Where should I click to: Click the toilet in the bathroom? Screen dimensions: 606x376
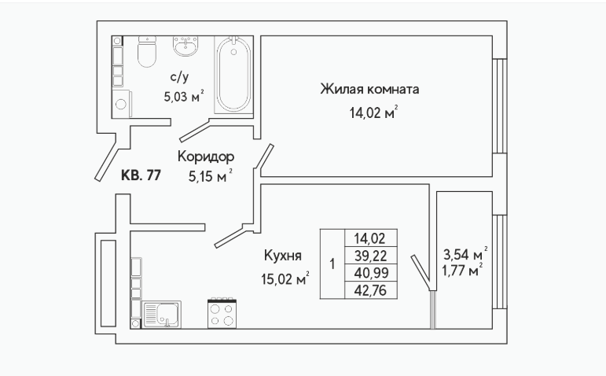[x=147, y=51]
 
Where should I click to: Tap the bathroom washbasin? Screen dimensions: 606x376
[x=185, y=46]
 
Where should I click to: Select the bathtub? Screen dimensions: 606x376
[x=233, y=75]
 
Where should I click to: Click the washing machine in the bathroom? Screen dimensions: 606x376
[x=122, y=104]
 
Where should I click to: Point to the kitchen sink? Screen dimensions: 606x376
[x=162, y=315]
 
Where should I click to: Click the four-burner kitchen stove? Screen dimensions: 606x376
[x=222, y=313]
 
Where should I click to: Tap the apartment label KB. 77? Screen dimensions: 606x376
[x=141, y=175]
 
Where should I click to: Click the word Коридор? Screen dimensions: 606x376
[x=206, y=157]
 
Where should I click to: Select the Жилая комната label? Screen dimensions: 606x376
[x=369, y=90]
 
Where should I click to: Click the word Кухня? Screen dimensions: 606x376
[x=283, y=256]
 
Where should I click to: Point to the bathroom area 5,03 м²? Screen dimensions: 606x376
[x=184, y=96]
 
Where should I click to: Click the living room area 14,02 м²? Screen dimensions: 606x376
[x=373, y=113]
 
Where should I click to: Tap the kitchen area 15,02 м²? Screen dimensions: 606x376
[x=285, y=278]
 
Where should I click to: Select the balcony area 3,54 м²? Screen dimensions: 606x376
[x=465, y=254]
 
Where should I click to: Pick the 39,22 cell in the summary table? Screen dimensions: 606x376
[x=371, y=256]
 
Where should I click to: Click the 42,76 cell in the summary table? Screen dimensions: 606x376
[x=371, y=290]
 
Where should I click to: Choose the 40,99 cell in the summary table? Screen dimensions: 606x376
[x=371, y=273]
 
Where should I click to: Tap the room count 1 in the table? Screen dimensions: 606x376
[x=332, y=264]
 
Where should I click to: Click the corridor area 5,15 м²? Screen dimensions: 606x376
[x=210, y=177]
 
